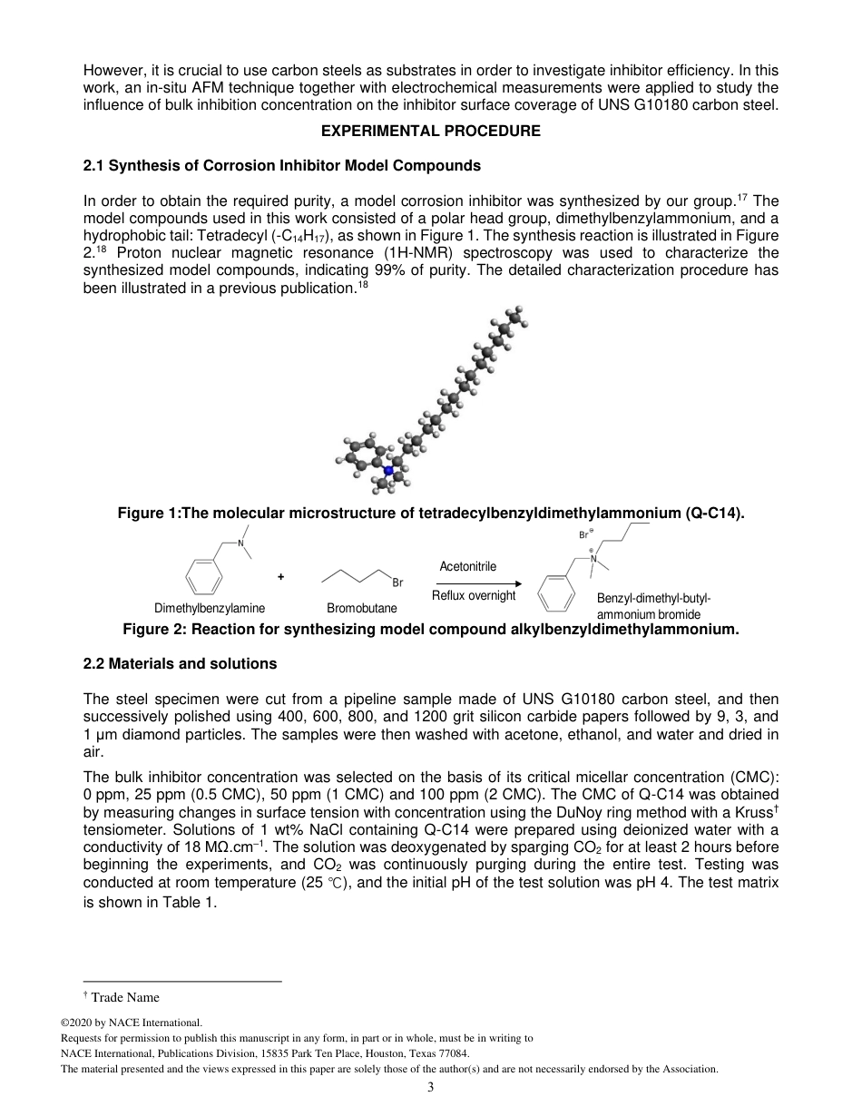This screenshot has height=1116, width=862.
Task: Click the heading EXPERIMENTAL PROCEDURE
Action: click(431, 131)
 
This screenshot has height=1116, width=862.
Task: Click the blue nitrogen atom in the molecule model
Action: click(388, 470)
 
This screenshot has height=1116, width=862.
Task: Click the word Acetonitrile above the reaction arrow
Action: click(467, 566)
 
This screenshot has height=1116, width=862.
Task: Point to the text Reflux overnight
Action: click(473, 595)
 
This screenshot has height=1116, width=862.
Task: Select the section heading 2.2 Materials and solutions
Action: click(180, 663)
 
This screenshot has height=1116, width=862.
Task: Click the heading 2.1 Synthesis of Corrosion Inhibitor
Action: click(281, 165)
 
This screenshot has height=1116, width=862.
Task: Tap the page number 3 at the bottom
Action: click(431, 1088)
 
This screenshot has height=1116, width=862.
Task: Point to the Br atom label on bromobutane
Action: click(397, 582)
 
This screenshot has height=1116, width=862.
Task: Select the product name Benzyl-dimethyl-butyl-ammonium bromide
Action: click(653, 606)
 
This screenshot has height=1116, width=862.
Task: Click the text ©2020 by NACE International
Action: click(131, 1022)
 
